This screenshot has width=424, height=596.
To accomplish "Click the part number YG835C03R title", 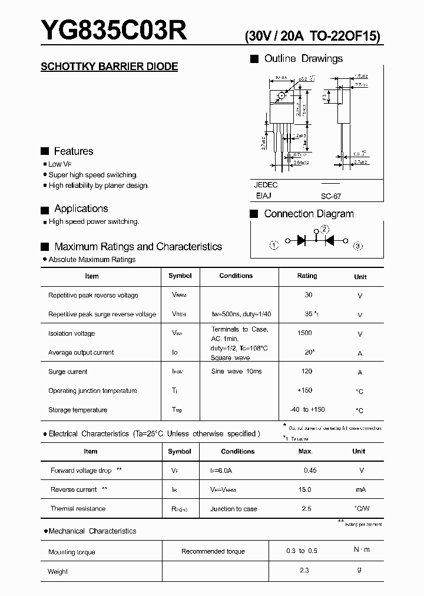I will tap(114, 30).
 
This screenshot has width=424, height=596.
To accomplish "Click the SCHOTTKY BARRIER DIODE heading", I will tap(109, 67).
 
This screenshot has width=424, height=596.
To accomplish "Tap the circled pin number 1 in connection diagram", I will tap(274, 246).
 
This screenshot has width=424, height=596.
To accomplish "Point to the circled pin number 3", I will tap(358, 246).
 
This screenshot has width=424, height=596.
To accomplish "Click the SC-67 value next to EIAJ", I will tap(331, 197).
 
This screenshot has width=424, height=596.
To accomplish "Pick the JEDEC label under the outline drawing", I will tap(266, 185).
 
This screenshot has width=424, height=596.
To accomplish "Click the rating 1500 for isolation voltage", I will tap(304, 333).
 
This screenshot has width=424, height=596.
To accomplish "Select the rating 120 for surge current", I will tap(307, 372).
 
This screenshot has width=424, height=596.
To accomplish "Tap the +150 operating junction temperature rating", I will tap(305, 390).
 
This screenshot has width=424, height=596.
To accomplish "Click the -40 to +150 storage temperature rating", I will tap(307, 409).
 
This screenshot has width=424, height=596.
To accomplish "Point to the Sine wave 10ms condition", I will tap(236, 372).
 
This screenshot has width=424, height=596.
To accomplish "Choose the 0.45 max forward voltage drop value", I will tap(310, 470).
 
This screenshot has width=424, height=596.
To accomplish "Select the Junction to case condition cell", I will tap(234, 509).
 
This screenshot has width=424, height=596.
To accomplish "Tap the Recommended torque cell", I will tap(213, 551).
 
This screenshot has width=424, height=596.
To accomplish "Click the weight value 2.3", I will tap(304, 570).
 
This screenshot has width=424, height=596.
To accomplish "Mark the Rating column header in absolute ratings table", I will tap(307, 276).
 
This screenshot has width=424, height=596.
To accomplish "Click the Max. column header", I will tap(305, 451).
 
